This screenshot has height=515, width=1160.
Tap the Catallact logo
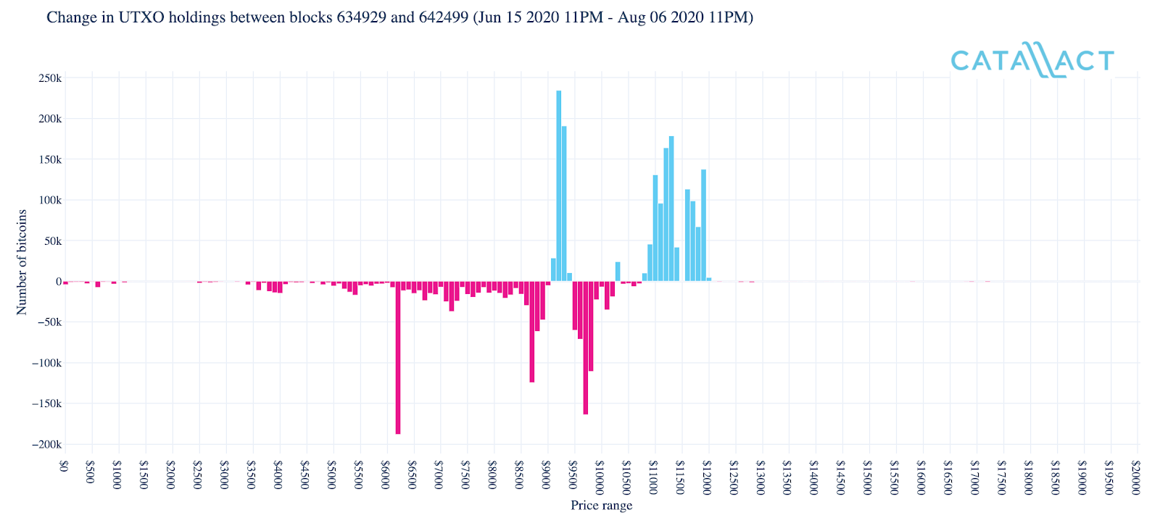point(1032,60)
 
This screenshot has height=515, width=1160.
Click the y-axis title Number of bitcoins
point(22,261)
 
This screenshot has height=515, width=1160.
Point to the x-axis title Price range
point(601,506)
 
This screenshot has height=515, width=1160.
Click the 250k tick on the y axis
point(49,78)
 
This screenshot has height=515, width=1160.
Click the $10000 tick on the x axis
point(600,474)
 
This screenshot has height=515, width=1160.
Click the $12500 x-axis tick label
point(734,477)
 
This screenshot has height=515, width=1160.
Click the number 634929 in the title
point(362,17)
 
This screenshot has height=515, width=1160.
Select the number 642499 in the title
point(444,17)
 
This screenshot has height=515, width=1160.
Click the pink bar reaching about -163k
point(585,348)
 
